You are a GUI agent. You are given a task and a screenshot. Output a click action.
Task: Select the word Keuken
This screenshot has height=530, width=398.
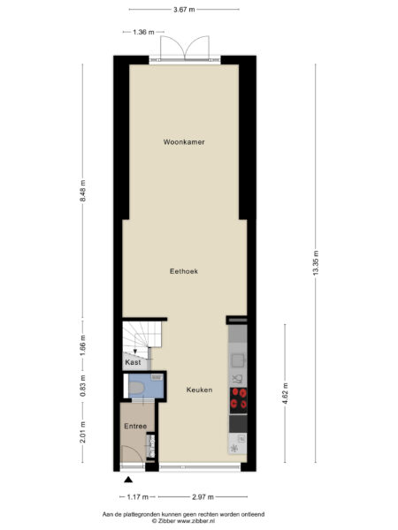click(x=199, y=389)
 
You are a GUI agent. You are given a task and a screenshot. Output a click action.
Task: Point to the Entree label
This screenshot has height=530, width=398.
click(x=134, y=427)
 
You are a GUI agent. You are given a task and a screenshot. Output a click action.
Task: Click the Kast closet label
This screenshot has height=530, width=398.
click(x=133, y=362)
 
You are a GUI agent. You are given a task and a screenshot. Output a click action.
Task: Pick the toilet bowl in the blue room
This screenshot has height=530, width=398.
click(x=138, y=386)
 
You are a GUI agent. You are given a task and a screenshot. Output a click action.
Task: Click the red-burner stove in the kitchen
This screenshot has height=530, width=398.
click(x=238, y=397)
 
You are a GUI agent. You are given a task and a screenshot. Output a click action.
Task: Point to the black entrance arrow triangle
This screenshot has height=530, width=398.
click(x=128, y=480)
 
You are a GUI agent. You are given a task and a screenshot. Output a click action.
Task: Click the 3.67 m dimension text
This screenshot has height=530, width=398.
click(x=184, y=9)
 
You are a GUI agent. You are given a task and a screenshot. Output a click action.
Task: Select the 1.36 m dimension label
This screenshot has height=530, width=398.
click(x=143, y=32)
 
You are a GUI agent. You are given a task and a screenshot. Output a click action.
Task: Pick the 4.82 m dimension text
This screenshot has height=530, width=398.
click(x=285, y=392)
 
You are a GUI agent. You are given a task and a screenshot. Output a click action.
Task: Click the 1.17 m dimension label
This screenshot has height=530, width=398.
click(x=139, y=497)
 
